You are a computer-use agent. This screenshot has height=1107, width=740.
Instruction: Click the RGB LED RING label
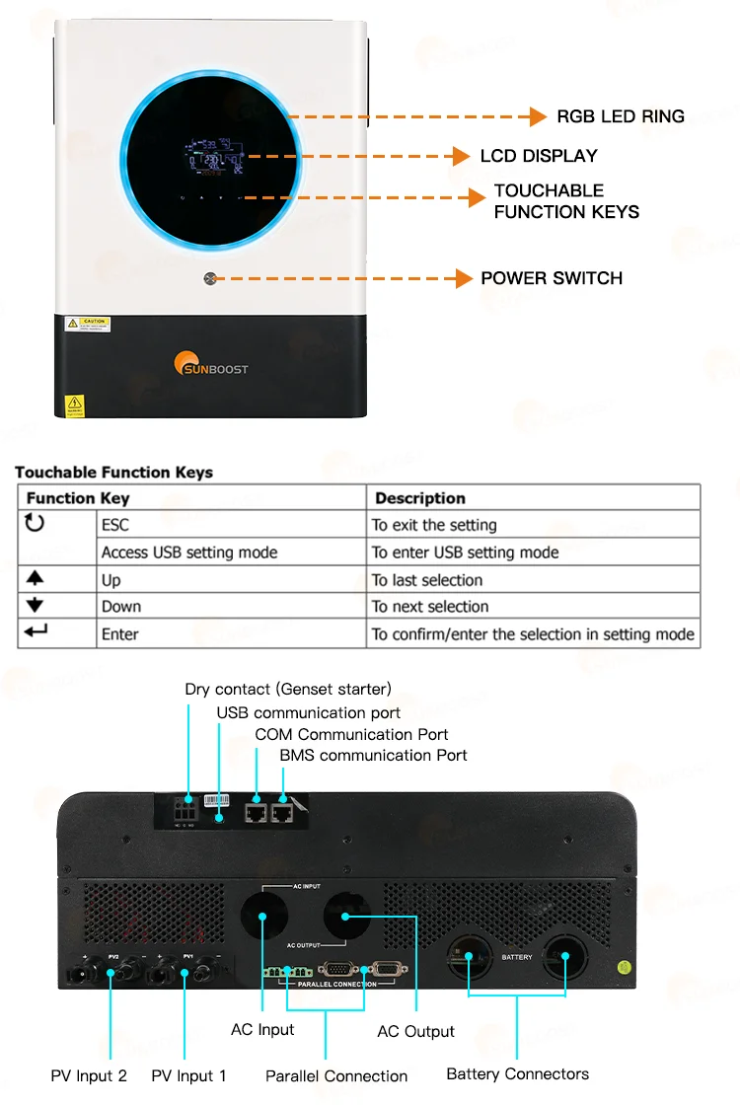click(620, 116)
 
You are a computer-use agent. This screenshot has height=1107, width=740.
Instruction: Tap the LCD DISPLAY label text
click(539, 156)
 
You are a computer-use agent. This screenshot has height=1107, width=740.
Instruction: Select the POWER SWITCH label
click(552, 278)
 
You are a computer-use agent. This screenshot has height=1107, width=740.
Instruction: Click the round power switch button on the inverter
click(209, 279)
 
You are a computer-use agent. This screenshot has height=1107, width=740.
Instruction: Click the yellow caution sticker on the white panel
click(88, 324)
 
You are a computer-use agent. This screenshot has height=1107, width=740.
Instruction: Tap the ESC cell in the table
click(115, 525)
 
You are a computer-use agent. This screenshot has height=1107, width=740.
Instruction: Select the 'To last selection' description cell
click(427, 580)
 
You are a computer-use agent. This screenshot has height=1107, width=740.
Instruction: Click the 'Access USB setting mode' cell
click(189, 553)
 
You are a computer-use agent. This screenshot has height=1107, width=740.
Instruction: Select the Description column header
click(420, 498)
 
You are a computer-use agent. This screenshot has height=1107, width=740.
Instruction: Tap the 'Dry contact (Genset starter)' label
click(288, 689)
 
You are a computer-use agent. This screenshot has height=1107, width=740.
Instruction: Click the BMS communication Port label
click(373, 755)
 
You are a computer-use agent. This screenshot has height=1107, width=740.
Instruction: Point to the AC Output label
click(415, 1032)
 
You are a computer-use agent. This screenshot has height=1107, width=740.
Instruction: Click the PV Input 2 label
click(89, 1075)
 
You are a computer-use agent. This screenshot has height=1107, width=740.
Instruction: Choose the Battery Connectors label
click(517, 1073)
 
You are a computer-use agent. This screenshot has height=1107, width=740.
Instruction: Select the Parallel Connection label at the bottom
click(336, 1075)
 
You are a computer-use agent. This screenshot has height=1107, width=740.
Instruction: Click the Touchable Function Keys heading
click(113, 473)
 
